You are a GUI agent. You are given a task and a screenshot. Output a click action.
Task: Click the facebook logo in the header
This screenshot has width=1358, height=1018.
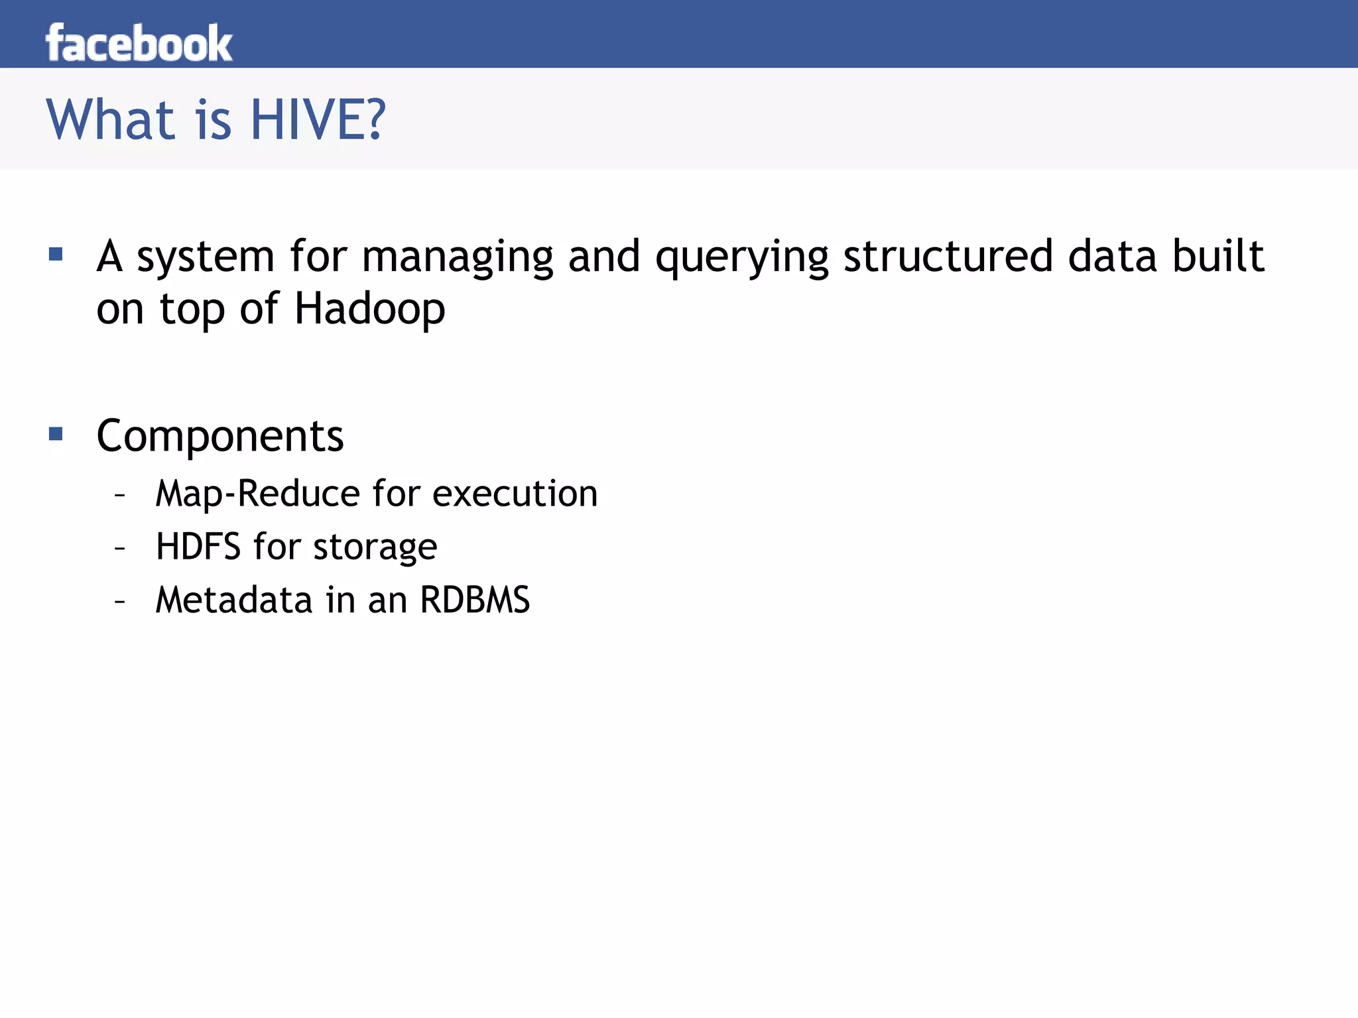139,43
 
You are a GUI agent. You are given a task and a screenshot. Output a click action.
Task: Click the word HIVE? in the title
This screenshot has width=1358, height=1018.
318,120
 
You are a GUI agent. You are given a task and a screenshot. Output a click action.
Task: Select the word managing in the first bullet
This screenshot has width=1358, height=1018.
457,258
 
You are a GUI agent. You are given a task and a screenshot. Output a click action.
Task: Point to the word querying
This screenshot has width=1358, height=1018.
741,258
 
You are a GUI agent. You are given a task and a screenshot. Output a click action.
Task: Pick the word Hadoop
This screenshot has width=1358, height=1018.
369,310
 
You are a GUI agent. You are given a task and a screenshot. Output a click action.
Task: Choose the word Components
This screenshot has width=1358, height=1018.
220,436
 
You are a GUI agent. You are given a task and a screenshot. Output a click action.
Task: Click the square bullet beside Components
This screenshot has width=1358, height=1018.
56,434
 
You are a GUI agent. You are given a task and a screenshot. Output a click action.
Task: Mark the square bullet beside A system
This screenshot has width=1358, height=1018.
56,254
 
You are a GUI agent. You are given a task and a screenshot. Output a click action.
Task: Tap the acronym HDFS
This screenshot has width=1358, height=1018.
198,547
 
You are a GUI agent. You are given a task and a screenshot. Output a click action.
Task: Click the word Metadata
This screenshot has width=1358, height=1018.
233,600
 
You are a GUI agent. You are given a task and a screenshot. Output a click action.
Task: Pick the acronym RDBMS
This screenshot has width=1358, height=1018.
475,600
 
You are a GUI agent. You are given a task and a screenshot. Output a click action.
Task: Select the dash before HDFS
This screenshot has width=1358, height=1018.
120,548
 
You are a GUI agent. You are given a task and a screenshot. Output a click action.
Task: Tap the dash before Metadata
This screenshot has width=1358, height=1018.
120,601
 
